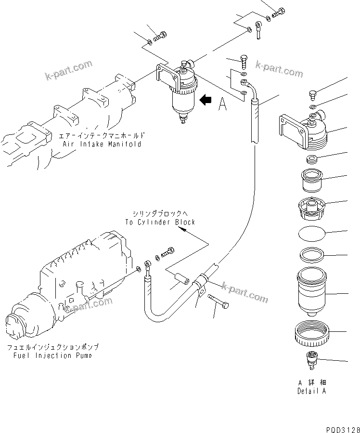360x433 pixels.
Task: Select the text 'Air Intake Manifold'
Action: click(102, 144)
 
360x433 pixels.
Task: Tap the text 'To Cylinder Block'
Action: click(160, 222)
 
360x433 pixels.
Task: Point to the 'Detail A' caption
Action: click(311, 391)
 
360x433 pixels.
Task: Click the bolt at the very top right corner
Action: click(279, 13)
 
